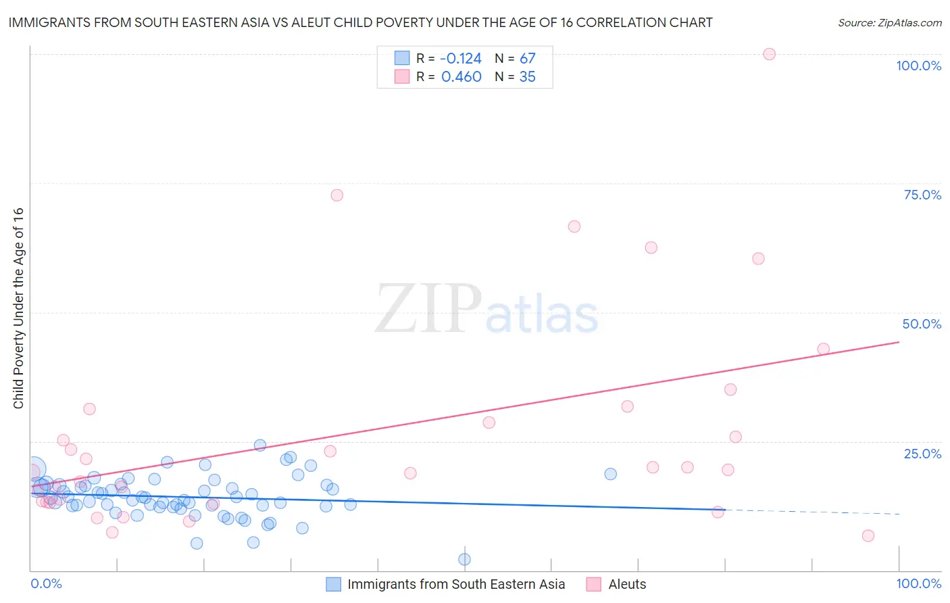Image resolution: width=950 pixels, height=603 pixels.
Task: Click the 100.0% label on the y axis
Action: (x=918, y=66)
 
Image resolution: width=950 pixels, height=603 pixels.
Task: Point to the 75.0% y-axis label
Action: (x=922, y=195)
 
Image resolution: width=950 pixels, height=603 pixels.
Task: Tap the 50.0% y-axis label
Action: (x=922, y=324)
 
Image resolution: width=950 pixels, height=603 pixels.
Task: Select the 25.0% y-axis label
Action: (x=922, y=454)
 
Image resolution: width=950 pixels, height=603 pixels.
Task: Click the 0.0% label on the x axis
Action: (x=46, y=583)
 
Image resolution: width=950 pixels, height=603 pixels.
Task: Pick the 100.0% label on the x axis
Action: (x=918, y=583)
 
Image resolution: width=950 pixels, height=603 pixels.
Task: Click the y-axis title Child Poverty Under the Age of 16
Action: (x=19, y=308)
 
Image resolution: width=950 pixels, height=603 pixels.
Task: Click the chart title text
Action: (x=360, y=23)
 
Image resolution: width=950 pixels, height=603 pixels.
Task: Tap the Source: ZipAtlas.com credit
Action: (x=889, y=23)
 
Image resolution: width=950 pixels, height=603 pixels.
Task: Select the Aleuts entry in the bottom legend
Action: (x=627, y=584)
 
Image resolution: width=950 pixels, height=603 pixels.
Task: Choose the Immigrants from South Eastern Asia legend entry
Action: (x=456, y=584)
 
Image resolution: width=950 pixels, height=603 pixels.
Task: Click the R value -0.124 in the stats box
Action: (x=461, y=59)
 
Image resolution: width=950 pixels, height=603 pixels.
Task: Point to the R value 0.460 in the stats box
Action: (x=461, y=77)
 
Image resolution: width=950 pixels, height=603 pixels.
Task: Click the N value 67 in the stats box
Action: (x=527, y=59)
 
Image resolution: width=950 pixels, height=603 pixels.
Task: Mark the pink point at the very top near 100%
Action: (x=769, y=54)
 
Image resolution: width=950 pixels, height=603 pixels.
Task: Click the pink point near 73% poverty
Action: (x=337, y=195)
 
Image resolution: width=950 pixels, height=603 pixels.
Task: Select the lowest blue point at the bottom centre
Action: (x=464, y=559)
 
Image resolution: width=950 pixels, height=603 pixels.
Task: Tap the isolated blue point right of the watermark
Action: (x=610, y=474)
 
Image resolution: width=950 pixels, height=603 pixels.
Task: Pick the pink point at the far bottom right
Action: (x=868, y=536)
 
